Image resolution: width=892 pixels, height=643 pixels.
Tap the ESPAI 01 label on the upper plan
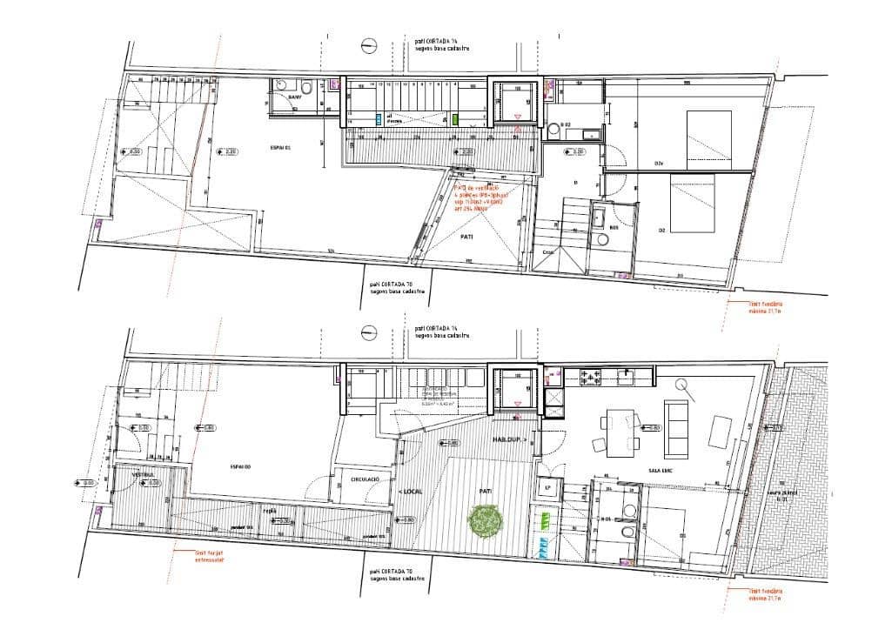282,150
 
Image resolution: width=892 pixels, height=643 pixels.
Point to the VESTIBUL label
142,476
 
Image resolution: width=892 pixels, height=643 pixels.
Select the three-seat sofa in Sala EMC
674,427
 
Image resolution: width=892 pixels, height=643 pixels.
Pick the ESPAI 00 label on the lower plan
241,467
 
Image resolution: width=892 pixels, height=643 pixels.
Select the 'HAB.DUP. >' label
508,440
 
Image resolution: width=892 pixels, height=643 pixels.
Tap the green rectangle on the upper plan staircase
455,118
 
